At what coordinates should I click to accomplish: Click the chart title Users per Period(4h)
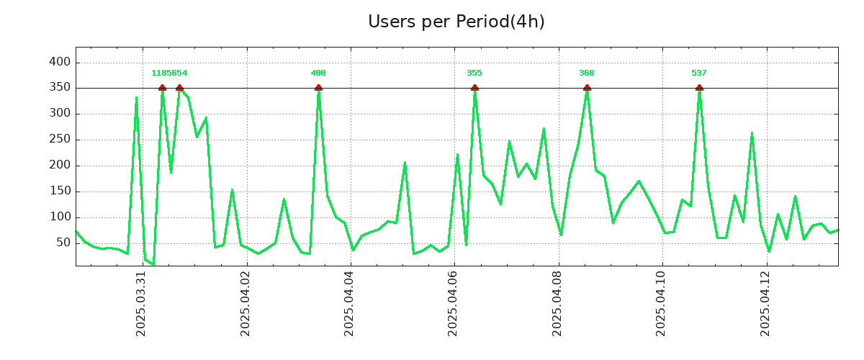click(456, 22)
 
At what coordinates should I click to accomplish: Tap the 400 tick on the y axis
click(60, 62)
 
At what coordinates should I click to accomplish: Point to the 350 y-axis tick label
click(60, 88)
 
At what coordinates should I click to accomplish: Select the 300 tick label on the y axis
click(60, 114)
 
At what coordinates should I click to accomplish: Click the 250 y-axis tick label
click(60, 140)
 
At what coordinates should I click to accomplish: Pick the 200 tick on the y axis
click(60, 166)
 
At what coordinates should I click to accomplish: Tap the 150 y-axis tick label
click(60, 192)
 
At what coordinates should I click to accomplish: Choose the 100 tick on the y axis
click(60, 217)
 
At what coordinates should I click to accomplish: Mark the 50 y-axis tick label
click(63, 243)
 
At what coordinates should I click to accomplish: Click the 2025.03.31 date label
click(142, 303)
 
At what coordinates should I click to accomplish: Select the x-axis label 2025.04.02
click(246, 303)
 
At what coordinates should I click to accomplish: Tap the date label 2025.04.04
click(350, 303)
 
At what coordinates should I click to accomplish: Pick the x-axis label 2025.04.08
click(558, 303)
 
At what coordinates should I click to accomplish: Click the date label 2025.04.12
click(766, 303)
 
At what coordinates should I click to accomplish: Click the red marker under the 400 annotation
click(318, 88)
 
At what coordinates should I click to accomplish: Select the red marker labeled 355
click(474, 88)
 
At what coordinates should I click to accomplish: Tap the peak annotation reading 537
click(699, 73)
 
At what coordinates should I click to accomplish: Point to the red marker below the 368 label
click(587, 88)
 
